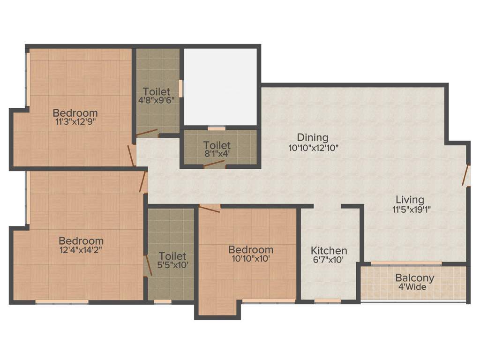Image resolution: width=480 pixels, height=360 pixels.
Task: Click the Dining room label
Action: [x=313, y=137]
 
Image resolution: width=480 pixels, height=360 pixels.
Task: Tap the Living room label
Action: [x=409, y=200]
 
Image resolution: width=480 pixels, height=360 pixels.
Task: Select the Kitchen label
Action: [x=329, y=251]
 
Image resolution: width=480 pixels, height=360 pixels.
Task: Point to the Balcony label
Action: [x=414, y=277]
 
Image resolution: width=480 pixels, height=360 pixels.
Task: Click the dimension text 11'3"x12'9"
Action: [x=75, y=122]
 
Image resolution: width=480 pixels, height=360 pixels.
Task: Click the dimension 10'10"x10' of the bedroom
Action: [x=250, y=258]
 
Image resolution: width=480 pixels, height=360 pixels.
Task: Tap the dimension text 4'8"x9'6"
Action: [x=157, y=100]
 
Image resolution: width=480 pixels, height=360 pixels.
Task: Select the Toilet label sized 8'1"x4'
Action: [x=217, y=145]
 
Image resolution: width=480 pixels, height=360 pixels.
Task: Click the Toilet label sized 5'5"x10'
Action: [x=172, y=256]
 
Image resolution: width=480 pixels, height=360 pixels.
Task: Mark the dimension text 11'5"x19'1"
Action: [x=409, y=210]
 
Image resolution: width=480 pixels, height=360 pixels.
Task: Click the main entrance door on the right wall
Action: [x=465, y=175]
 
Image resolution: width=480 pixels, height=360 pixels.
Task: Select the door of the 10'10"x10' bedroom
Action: [x=209, y=209]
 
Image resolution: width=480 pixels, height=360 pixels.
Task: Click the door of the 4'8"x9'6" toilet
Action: [x=147, y=133]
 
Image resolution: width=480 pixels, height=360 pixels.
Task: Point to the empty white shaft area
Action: [x=220, y=87]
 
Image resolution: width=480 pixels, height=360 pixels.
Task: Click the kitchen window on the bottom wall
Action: [x=327, y=301]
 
